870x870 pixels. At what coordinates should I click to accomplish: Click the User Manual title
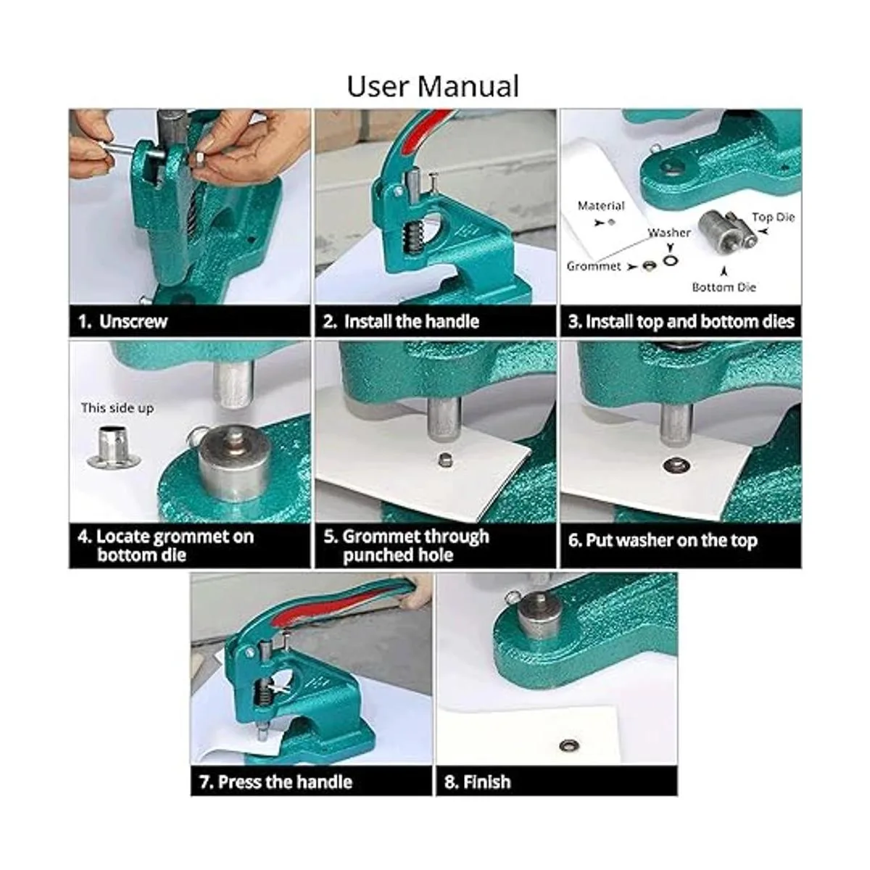click(x=433, y=86)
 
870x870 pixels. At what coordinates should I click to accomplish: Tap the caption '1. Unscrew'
click(x=123, y=321)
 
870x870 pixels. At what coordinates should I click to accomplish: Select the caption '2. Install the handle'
click(x=401, y=321)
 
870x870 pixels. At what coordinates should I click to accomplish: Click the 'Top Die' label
click(x=773, y=217)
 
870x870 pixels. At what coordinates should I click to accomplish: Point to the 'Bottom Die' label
click(x=724, y=287)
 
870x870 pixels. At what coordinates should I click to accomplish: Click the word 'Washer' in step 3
click(x=669, y=233)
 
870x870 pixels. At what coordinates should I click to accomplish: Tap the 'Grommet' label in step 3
click(x=594, y=266)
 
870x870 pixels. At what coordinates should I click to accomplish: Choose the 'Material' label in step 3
click(x=601, y=206)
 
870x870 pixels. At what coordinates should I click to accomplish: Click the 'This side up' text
click(x=117, y=408)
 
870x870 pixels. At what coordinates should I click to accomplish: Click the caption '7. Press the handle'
click(x=275, y=782)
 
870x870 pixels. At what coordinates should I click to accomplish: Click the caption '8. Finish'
click(x=478, y=782)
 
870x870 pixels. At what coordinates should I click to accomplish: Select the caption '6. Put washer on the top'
click(x=663, y=540)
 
